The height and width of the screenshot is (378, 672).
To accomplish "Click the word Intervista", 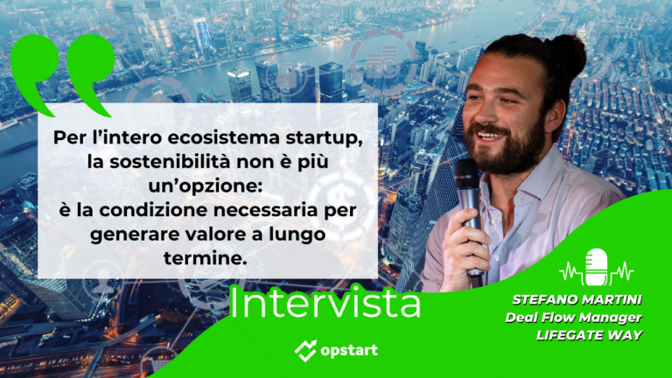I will pyautogui.click(x=325, y=304).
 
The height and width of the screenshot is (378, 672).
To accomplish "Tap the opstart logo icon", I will pyautogui.click(x=306, y=351).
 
